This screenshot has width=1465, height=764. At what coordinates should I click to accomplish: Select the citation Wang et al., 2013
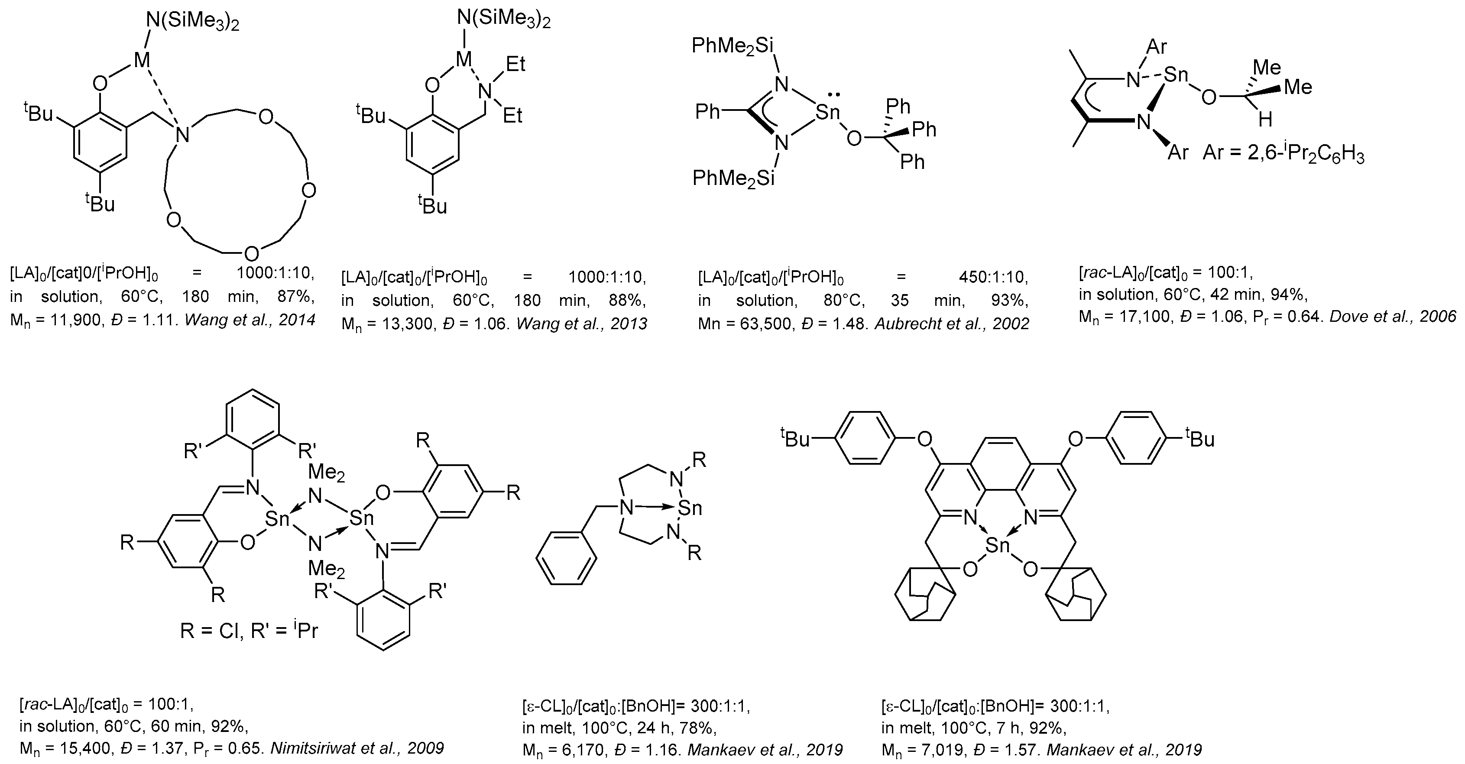tap(582, 324)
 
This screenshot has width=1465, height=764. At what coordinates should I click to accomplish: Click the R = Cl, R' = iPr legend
tap(249, 631)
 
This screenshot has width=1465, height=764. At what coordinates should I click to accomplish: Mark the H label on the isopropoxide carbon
tap(1265, 120)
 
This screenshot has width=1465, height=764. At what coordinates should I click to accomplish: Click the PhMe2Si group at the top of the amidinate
tap(732, 45)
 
